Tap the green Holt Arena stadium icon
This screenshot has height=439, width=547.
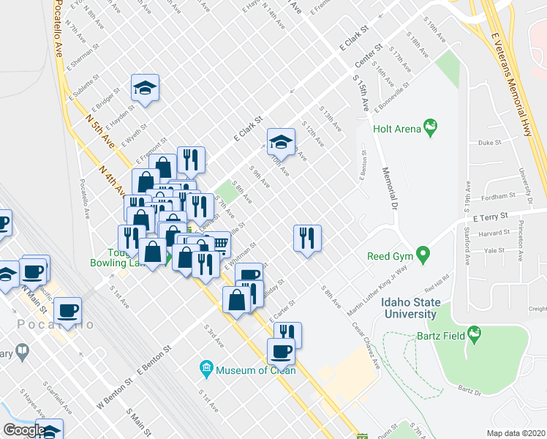431,129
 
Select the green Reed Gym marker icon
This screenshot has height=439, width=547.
422,255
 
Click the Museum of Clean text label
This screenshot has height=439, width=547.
256,370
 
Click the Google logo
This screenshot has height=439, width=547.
24,429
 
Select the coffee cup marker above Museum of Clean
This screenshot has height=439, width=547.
282,351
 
